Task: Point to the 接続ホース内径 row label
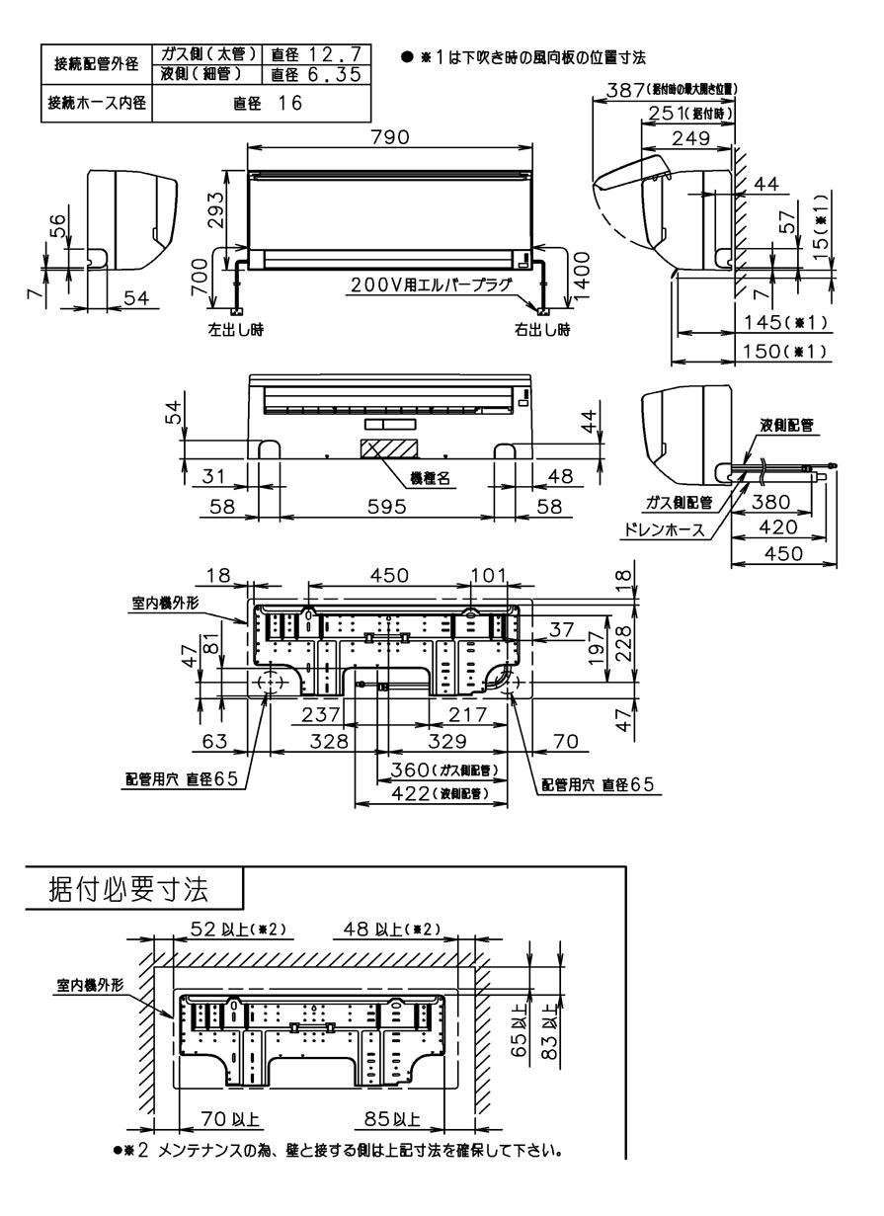95,102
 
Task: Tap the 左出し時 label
235,329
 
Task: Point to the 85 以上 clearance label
391,1120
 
